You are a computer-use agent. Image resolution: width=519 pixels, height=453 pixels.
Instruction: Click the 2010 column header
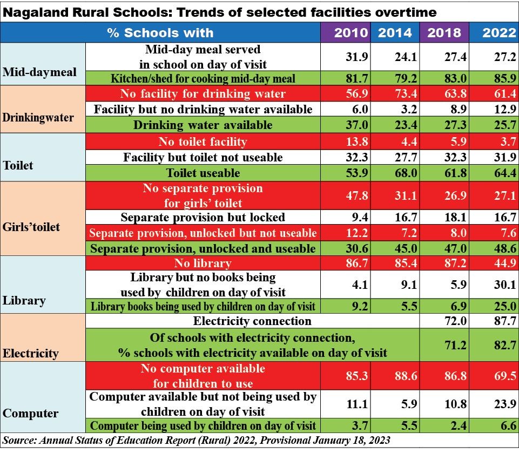[351, 32]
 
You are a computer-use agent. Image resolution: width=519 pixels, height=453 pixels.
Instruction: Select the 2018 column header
[444, 32]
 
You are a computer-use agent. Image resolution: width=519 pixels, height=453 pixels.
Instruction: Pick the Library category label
[25, 300]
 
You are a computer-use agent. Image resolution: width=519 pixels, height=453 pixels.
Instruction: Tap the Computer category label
[31, 414]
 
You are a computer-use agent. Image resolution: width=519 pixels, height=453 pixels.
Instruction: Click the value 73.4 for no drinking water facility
[398, 94]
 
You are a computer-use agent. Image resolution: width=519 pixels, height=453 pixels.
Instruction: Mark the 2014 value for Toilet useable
[398, 173]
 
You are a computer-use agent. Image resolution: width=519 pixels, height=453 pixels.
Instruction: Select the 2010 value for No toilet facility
[351, 142]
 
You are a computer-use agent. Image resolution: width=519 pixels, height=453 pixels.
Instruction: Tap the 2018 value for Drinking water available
[444, 125]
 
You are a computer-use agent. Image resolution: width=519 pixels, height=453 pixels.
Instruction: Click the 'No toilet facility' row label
[203, 142]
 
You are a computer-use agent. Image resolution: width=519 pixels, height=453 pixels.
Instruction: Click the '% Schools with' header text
[160, 32]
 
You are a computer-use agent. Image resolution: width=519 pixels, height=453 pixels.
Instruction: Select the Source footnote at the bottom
[197, 441]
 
